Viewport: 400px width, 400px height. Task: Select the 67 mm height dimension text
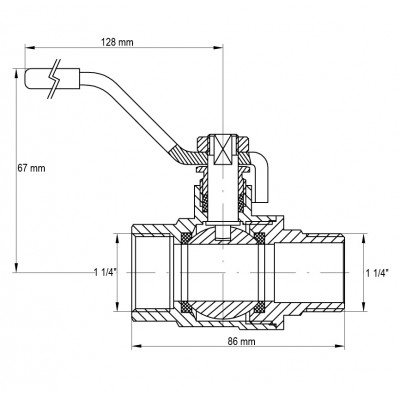[x=31, y=167]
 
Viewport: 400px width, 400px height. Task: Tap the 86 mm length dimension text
[x=236, y=342]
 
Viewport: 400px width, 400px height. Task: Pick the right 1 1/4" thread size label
[x=378, y=272]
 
